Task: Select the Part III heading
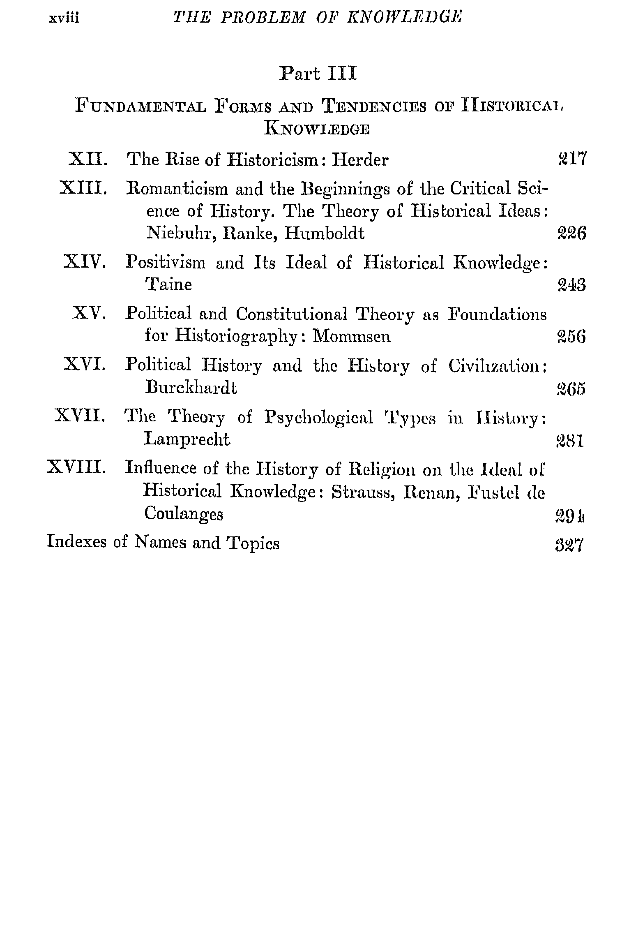pos(318,74)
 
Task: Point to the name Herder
pos(359,159)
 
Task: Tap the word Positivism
pos(166,262)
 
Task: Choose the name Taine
pos(169,284)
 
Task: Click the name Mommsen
pos(352,336)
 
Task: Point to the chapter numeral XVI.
pos(85,365)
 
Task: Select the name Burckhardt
pos(191,388)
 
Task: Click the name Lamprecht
pos(187,439)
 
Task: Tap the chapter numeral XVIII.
pos(77,467)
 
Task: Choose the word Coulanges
pos(184,513)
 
